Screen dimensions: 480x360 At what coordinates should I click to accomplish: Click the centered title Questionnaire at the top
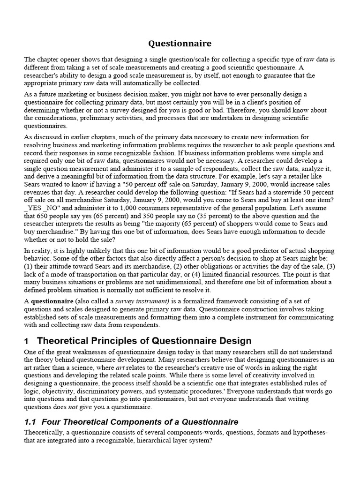click(x=180, y=44)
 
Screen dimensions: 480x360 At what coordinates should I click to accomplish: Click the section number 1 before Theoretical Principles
click(x=27, y=341)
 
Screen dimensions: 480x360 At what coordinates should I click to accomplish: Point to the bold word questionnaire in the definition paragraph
click(x=52, y=300)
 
